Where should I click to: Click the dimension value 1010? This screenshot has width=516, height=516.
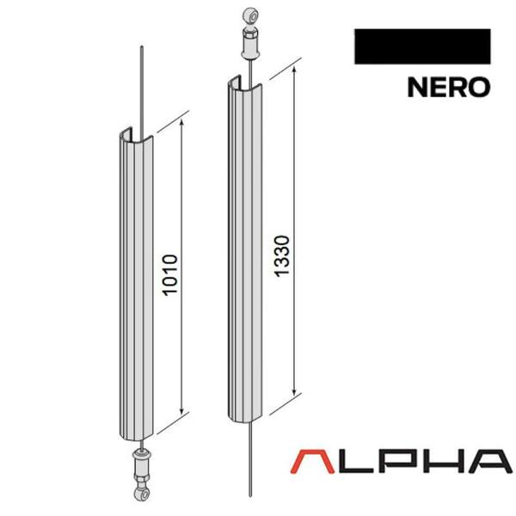tap(171, 275)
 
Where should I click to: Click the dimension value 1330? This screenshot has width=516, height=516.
tap(282, 256)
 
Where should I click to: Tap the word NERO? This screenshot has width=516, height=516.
tap(449, 87)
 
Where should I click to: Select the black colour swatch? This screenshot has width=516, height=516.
tap(422, 46)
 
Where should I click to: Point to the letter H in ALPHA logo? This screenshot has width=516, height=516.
tap(440, 462)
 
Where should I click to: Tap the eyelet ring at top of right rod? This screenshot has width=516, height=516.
tap(251, 16)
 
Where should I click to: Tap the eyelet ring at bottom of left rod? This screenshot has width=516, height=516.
tap(143, 493)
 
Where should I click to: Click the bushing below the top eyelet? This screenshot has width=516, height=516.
tap(251, 44)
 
